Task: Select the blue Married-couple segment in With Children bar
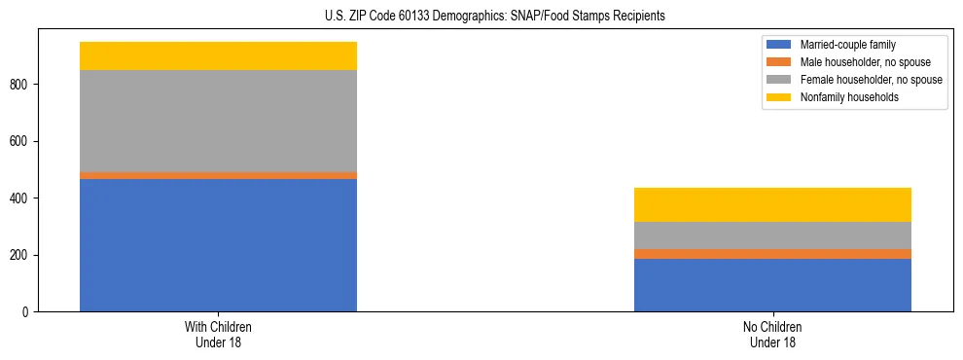pyautogui.click(x=218, y=245)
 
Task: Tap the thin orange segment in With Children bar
pyautogui.click(x=218, y=175)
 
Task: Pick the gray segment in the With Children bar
pyautogui.click(x=218, y=121)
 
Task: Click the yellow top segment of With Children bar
pyautogui.click(x=218, y=56)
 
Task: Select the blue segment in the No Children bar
pyautogui.click(x=772, y=285)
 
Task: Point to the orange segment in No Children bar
pyautogui.click(x=772, y=254)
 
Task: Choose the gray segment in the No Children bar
pyautogui.click(x=772, y=235)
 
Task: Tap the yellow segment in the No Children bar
pyautogui.click(x=772, y=205)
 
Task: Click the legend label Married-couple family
pyautogui.click(x=848, y=45)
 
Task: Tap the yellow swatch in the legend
pyautogui.click(x=779, y=97)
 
